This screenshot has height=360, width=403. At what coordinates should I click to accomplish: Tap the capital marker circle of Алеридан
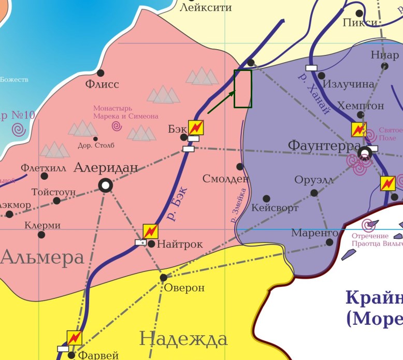[106, 185]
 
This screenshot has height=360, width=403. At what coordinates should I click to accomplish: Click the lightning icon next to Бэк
[195, 127]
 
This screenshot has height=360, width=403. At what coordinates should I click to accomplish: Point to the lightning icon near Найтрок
[150, 232]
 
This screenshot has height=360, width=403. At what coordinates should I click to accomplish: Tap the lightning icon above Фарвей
[75, 338]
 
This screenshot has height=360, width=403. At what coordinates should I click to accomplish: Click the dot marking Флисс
[100, 73]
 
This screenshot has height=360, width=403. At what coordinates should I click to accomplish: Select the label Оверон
[184, 288]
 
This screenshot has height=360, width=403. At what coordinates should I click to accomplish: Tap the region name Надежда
[183, 339]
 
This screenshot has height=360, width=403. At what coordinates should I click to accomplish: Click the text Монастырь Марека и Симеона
[126, 112]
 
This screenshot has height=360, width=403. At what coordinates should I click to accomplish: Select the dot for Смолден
[240, 167]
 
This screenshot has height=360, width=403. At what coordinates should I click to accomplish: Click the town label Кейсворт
[275, 208]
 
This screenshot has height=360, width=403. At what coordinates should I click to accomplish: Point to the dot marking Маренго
[330, 242]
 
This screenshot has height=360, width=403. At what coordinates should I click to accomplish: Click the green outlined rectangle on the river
[243, 89]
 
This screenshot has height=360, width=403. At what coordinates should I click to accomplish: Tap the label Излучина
[349, 84]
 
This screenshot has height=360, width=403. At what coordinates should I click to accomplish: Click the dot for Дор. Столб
[95, 139]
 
